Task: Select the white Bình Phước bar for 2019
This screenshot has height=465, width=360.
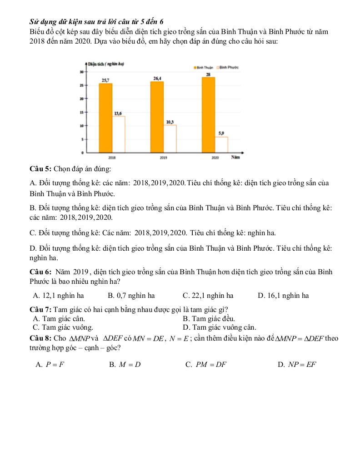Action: click(x=170, y=139)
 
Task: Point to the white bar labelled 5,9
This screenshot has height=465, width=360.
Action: click(x=221, y=145)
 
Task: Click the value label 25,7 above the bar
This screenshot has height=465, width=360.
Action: click(x=105, y=80)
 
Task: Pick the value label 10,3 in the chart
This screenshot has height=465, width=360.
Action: click(x=170, y=122)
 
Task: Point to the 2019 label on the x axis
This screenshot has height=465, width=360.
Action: click(x=163, y=158)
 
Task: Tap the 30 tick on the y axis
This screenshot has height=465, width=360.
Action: click(x=81, y=72)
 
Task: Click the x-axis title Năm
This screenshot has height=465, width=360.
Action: click(x=235, y=158)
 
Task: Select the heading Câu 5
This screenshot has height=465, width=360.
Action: click(x=40, y=169)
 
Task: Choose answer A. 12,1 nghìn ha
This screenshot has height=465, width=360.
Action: click(x=59, y=296)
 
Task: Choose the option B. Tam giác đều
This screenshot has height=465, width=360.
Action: click(x=209, y=319)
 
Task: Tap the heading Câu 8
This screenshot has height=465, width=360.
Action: click(x=40, y=338)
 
